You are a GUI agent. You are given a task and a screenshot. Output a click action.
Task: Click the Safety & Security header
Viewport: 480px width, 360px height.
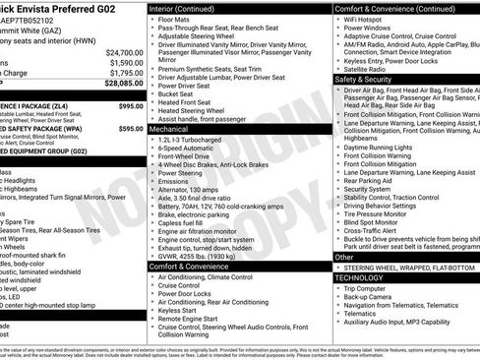[363, 79]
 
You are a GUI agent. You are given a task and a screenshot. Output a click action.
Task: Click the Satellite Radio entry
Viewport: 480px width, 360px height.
[370, 69]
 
